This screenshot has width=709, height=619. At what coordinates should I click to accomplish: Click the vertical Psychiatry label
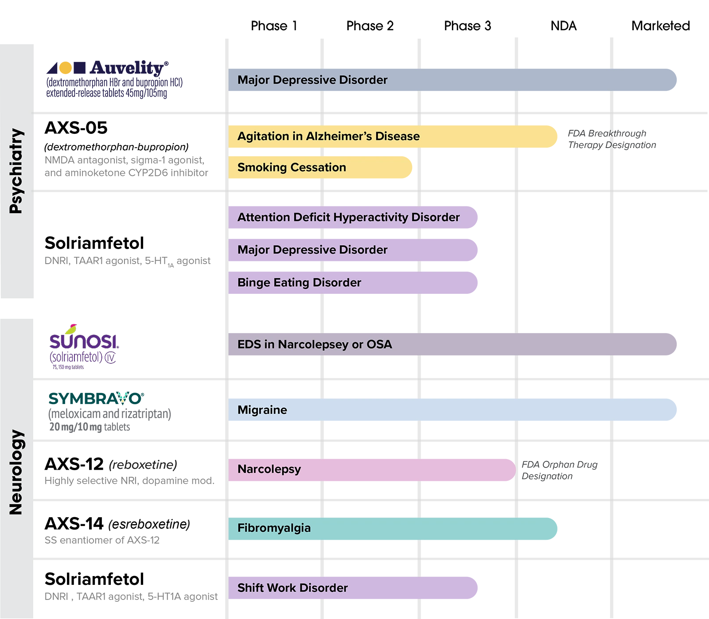pyautogui.click(x=16, y=171)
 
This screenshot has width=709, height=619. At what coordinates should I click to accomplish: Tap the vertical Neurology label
pyautogui.click(x=16, y=472)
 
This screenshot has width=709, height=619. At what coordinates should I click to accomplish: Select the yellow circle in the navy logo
pyautogui.click(x=65, y=67)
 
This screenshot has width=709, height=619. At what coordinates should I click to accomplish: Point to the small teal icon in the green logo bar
pyautogui.click(x=122, y=396)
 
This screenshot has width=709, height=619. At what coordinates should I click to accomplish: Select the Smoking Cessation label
pyautogui.click(x=292, y=167)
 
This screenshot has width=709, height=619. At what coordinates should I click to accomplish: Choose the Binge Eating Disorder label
pyautogui.click(x=299, y=283)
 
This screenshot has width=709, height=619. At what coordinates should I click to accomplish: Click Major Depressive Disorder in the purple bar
pyautogui.click(x=312, y=250)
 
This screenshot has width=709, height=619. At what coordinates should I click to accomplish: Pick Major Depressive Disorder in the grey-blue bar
pyautogui.click(x=312, y=80)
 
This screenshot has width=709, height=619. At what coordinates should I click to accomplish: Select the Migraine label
pyautogui.click(x=262, y=410)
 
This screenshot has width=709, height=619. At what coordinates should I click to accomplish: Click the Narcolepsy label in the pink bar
pyautogui.click(x=269, y=469)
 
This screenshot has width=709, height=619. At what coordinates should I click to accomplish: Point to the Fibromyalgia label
pyautogui.click(x=274, y=528)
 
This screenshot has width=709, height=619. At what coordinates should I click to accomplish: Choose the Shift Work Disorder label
pyautogui.click(x=292, y=588)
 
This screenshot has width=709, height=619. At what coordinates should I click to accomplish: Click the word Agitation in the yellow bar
pyautogui.click(x=263, y=136)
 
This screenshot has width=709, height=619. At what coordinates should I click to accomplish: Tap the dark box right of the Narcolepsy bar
pyautogui.click(x=565, y=471)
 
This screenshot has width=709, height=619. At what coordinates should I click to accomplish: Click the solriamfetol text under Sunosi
pyautogui.click(x=83, y=357)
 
